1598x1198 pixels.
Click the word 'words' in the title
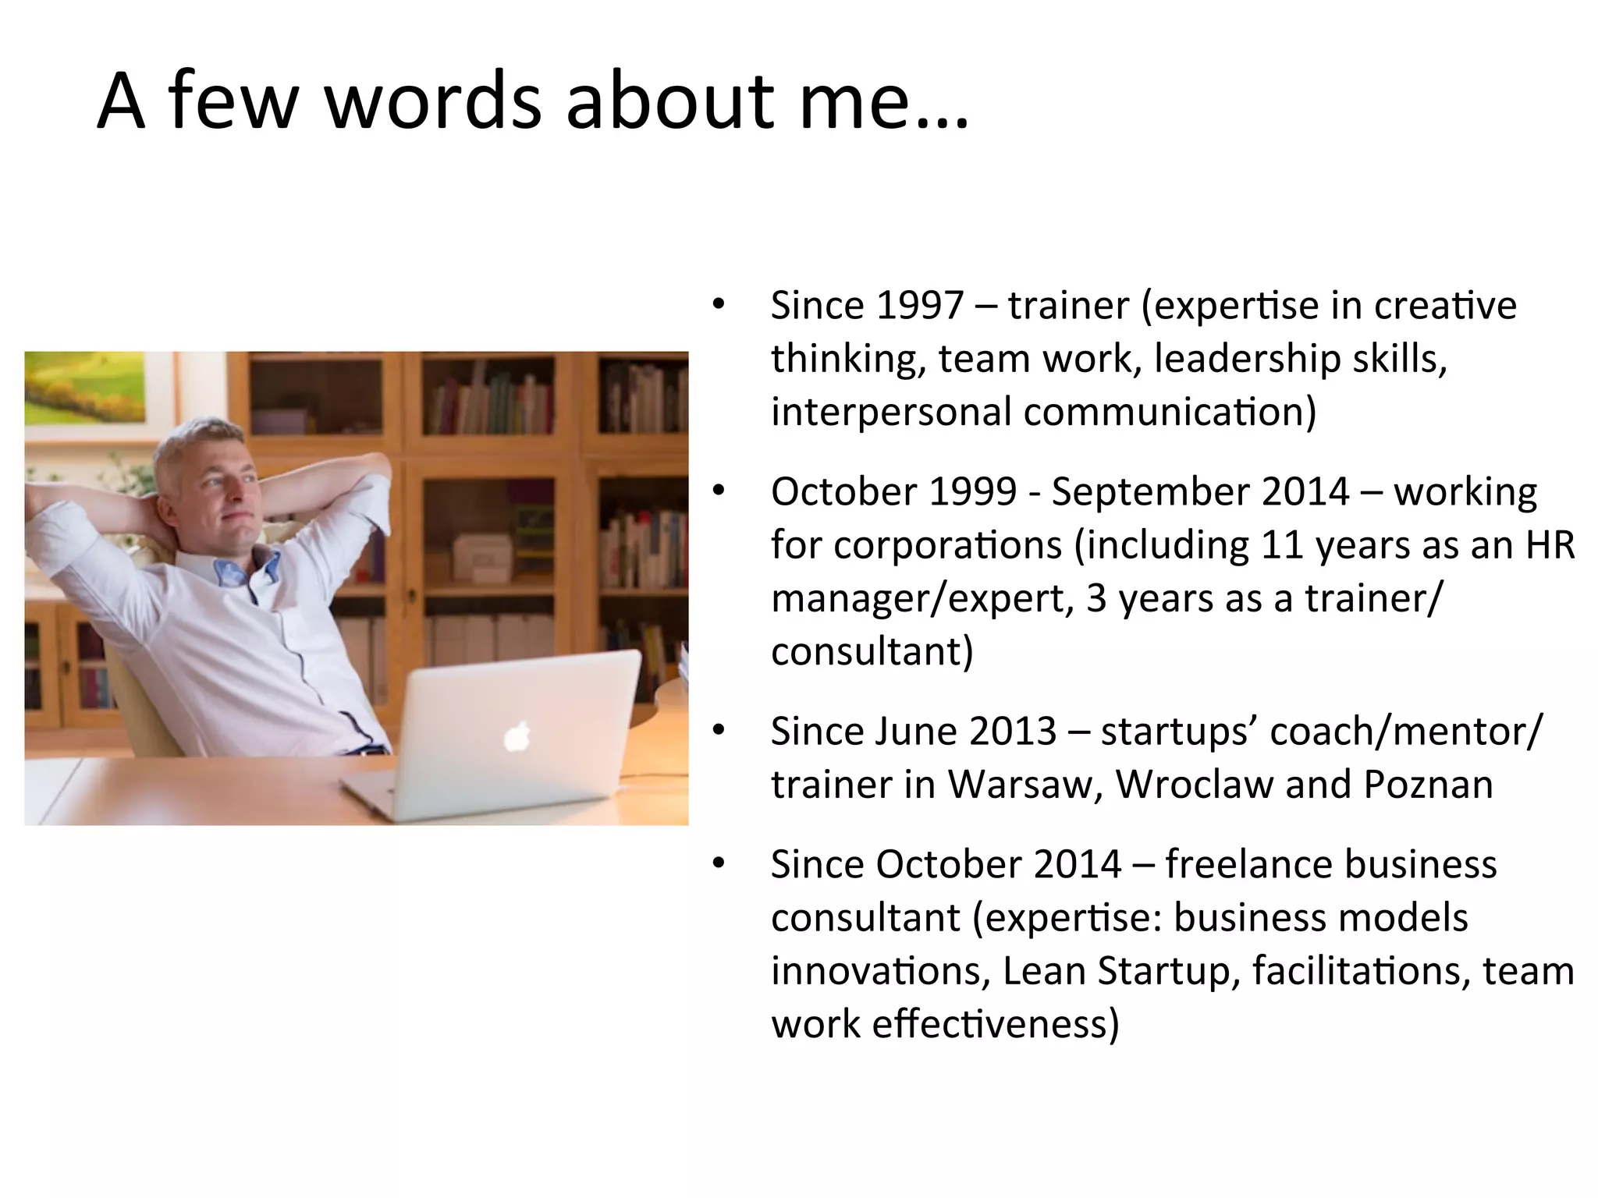433,101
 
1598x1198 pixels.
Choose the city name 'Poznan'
1428,784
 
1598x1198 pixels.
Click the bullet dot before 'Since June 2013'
719,730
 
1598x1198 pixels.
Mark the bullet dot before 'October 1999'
719,491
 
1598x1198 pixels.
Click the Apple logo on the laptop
517,736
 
